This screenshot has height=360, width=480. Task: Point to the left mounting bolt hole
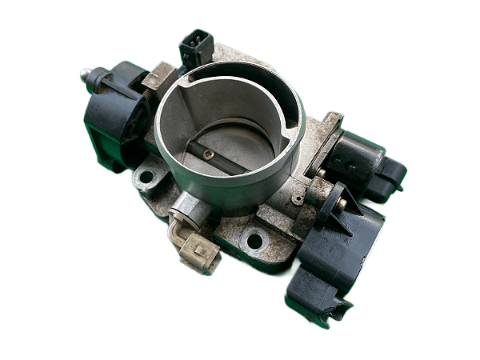click(x=146, y=173)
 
